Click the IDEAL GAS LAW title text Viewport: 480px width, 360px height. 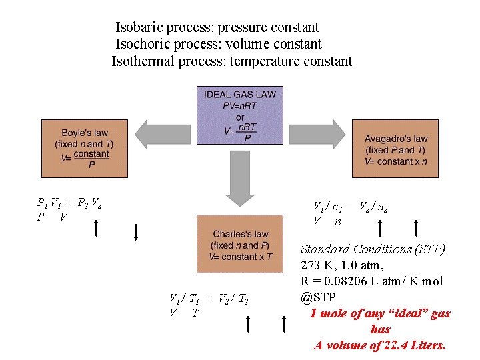coord(239,94)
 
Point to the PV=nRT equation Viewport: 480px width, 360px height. coord(239,106)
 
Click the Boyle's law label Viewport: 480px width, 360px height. coord(85,133)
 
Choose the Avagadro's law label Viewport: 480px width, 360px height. coord(396,139)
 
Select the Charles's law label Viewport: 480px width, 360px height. coord(241,234)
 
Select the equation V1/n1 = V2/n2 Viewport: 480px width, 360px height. coord(350,207)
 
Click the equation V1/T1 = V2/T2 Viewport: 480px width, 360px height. coord(209,299)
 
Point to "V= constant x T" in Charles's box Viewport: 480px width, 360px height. coord(241,257)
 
